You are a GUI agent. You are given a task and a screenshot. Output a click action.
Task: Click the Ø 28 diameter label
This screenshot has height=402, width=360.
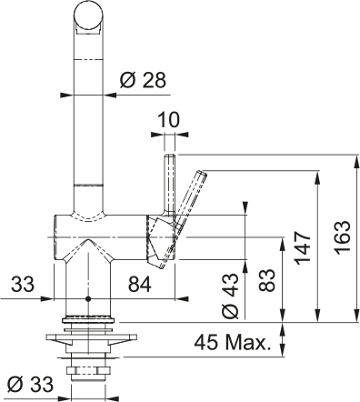click(x=143, y=80)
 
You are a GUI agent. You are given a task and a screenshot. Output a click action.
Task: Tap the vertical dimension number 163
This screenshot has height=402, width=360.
click(x=341, y=237)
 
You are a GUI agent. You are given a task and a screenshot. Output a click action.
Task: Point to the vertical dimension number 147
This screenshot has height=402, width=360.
click(x=304, y=248)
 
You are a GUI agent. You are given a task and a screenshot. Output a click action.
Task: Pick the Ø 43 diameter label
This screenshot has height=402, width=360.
click(x=230, y=296)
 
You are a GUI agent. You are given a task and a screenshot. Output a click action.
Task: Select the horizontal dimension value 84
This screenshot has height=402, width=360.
click(x=140, y=286)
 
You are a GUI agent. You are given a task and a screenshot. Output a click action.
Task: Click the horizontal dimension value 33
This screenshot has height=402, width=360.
click(x=25, y=286)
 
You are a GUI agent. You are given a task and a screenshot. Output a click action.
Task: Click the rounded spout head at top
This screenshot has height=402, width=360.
click(x=87, y=17)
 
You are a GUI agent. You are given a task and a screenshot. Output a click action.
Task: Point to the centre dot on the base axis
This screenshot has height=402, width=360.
click(x=87, y=298)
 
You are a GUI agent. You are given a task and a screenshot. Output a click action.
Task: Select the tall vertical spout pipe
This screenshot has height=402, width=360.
click(x=87, y=118)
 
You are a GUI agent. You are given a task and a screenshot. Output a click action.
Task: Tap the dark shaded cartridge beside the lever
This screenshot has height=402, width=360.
click(x=157, y=238)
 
